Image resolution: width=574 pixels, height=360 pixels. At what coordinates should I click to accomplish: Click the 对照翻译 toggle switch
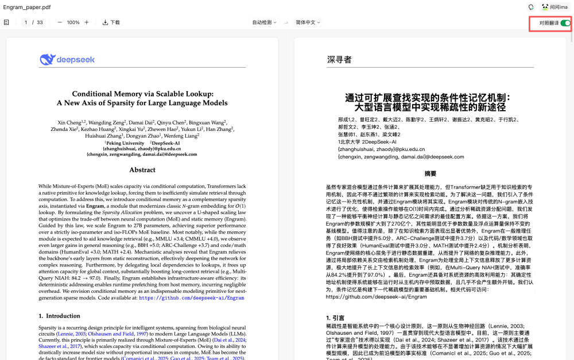tap(565, 23)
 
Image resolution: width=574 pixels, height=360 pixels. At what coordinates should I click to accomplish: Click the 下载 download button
tap(111, 22)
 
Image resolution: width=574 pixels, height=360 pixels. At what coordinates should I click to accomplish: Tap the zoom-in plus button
tap(87, 22)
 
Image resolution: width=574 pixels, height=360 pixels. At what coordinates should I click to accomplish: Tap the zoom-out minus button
tap(60, 22)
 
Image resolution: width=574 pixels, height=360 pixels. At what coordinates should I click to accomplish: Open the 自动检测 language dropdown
tap(264, 22)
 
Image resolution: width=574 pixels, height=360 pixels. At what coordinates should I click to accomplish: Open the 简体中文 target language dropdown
tap(308, 22)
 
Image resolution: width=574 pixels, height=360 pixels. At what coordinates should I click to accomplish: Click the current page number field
tap(26, 22)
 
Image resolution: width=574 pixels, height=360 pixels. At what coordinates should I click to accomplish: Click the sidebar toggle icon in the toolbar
tap(7, 22)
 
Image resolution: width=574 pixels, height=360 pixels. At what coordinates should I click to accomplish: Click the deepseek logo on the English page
tap(67, 59)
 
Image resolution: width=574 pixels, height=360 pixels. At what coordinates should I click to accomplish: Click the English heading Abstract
tap(142, 170)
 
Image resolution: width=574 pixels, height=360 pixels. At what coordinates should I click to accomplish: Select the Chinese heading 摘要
tap(430, 173)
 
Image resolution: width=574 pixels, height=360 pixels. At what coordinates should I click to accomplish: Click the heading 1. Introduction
tap(60, 316)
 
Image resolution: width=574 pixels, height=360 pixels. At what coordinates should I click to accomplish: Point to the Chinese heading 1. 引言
tap(335, 318)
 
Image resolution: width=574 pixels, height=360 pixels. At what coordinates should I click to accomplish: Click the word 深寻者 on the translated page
tap(339, 59)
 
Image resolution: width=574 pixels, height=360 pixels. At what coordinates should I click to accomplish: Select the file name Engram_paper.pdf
tap(27, 7)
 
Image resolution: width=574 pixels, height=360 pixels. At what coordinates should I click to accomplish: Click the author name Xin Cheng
tap(69, 122)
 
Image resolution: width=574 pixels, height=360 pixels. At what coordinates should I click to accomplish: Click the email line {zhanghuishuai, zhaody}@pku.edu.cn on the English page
tap(142, 149)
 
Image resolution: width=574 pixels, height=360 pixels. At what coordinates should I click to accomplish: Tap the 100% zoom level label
tap(73, 22)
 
